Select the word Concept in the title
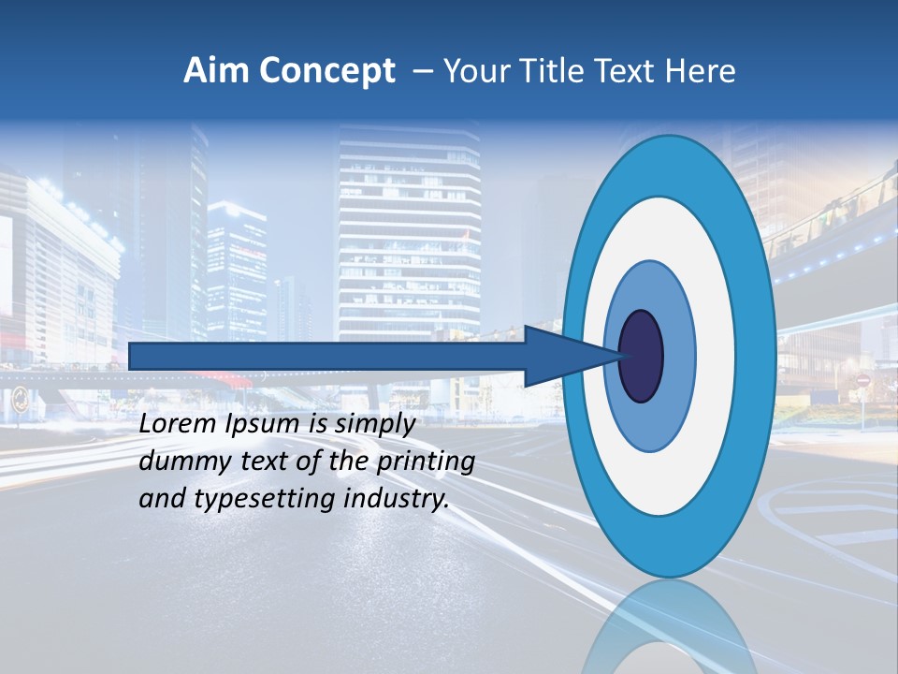pyautogui.click(x=326, y=71)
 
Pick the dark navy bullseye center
pyautogui.click(x=641, y=357)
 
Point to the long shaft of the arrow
pyautogui.click(x=327, y=357)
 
